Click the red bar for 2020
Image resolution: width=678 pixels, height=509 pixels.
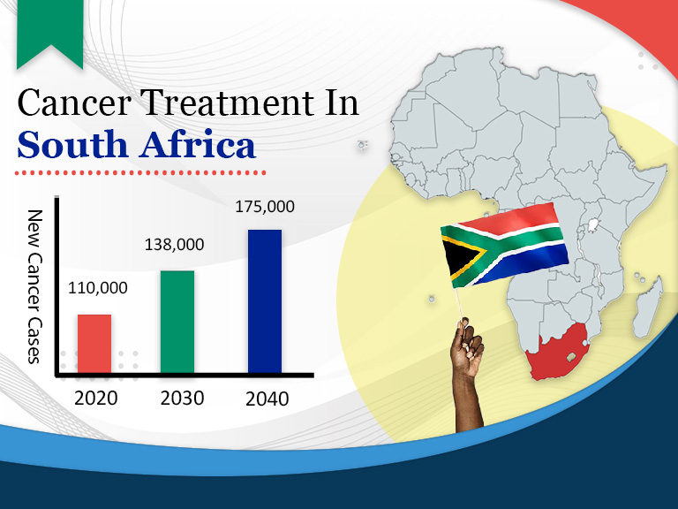click(x=94, y=343)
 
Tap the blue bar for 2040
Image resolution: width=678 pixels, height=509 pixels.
click(x=265, y=300)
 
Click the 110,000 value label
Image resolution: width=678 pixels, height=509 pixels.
click(x=98, y=288)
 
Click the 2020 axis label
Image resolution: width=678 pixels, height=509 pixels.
click(x=95, y=398)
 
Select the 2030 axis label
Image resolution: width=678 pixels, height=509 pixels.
click(x=182, y=398)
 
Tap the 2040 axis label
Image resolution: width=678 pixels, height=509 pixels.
click(x=267, y=399)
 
